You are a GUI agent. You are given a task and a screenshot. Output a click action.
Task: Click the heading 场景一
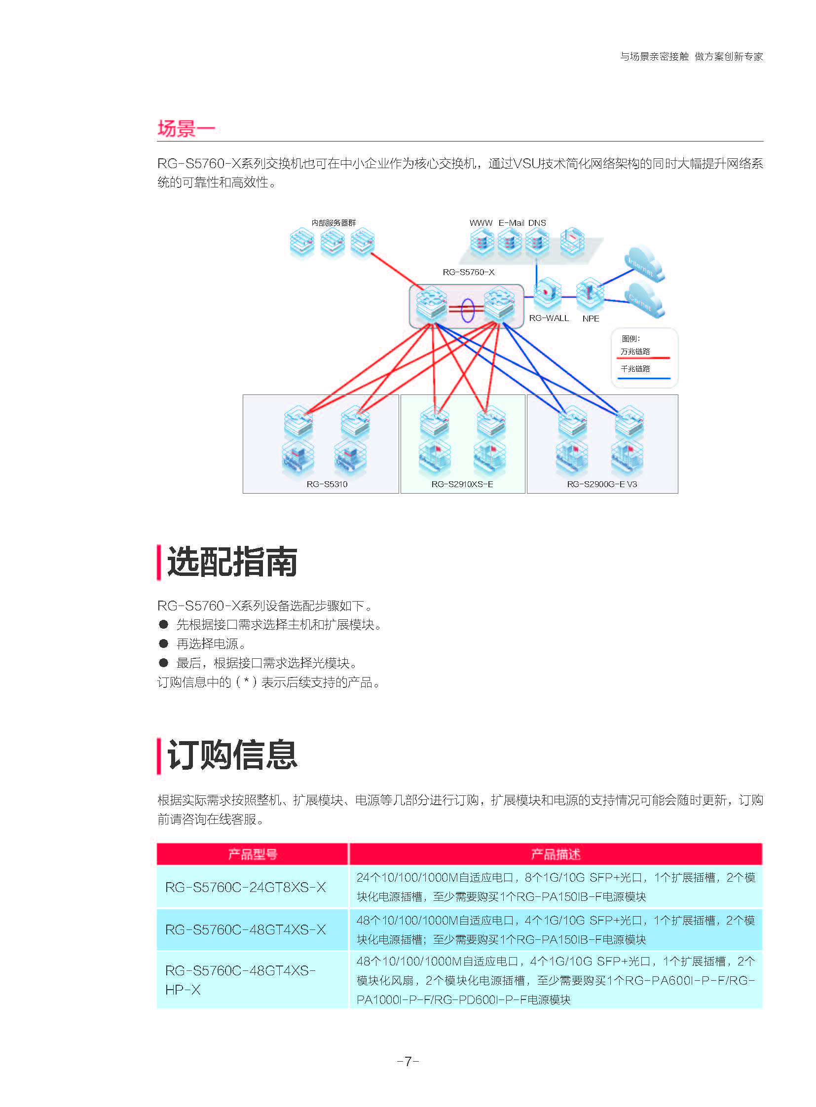click(186, 128)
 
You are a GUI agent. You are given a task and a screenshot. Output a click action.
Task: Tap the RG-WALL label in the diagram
click(548, 319)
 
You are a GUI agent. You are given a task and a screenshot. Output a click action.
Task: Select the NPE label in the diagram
click(590, 319)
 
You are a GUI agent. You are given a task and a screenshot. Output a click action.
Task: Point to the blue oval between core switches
click(467, 310)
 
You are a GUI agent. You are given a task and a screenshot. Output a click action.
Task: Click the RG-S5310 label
click(327, 484)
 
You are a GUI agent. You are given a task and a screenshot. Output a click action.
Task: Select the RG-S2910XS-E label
click(462, 484)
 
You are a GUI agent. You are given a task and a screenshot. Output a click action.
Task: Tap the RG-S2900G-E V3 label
click(601, 484)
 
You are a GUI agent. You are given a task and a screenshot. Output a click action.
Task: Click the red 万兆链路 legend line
click(643, 357)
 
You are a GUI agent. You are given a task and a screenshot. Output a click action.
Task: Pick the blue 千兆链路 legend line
click(643, 378)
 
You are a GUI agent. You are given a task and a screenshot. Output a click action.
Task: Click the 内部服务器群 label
click(334, 223)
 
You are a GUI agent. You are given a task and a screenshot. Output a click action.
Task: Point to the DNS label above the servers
click(537, 223)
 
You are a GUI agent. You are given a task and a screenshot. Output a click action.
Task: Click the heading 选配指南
click(232, 562)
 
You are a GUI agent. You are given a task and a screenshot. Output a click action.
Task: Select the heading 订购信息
click(232, 755)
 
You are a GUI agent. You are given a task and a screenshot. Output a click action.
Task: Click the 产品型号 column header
click(253, 854)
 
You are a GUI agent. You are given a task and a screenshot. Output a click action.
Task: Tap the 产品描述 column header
click(555, 854)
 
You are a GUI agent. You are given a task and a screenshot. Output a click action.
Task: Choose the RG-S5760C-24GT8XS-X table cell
click(246, 887)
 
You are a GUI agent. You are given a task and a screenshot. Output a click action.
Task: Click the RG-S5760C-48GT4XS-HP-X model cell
click(240, 980)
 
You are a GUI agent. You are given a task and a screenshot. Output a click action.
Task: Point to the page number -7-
click(408, 1061)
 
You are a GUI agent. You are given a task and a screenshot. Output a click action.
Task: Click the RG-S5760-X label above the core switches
click(468, 272)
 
